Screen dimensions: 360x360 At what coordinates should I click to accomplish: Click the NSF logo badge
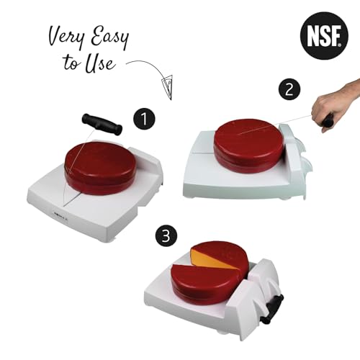click(324, 35)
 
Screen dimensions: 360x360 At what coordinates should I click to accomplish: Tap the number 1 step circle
click(144, 119)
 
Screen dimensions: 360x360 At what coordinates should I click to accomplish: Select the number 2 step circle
click(289, 90)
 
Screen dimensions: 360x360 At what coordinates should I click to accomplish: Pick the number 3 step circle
click(166, 235)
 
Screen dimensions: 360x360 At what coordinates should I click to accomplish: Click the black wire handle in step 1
click(102, 125)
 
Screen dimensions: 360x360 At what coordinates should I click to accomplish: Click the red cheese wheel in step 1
click(100, 168)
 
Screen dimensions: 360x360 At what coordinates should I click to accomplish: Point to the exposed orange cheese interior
click(211, 258)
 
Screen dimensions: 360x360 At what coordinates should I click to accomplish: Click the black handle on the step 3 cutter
click(272, 309)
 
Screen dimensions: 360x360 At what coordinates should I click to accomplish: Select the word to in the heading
click(71, 63)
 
